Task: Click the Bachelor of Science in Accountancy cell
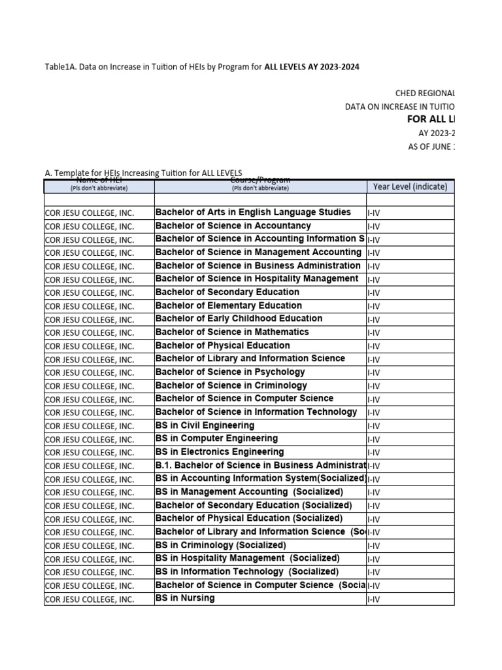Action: (x=233, y=226)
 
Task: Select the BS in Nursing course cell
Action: (x=185, y=599)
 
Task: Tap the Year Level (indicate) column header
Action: (x=410, y=186)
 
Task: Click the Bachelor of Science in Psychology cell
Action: (x=230, y=372)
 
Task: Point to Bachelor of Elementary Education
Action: (x=228, y=306)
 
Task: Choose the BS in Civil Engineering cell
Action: (x=205, y=425)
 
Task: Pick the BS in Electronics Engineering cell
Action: (x=220, y=452)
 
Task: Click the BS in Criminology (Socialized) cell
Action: (x=220, y=545)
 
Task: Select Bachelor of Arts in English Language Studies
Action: (x=253, y=213)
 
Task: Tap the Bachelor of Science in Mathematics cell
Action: (x=232, y=332)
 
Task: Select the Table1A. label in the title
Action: (x=60, y=67)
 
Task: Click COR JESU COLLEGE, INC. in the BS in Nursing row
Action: (x=90, y=599)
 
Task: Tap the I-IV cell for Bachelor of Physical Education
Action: (x=374, y=346)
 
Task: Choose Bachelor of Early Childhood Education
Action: (x=239, y=319)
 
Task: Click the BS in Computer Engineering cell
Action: (x=216, y=438)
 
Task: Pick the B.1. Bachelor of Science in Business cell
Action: (x=260, y=465)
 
